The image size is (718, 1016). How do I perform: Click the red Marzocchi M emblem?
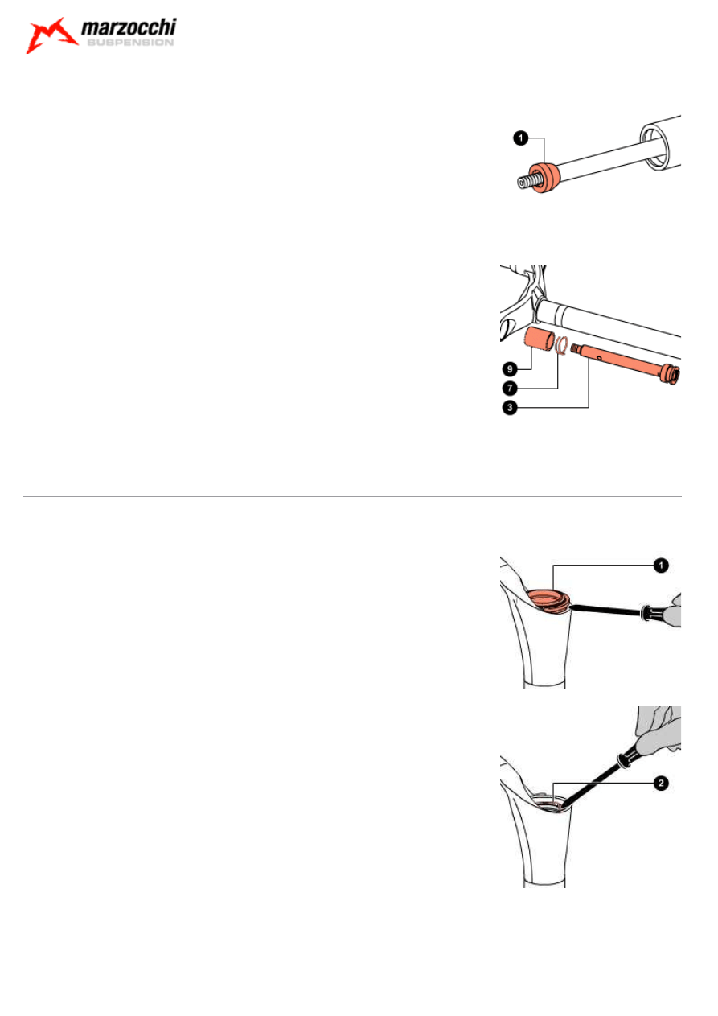(51, 36)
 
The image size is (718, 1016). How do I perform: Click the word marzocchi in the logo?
(129, 27)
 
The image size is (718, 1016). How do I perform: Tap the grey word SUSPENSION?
(130, 42)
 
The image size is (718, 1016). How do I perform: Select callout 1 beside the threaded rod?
(521, 138)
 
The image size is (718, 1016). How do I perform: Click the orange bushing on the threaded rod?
(546, 178)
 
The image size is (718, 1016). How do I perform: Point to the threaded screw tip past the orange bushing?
(527, 182)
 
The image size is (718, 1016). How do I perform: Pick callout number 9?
(510, 368)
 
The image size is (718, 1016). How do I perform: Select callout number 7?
(510, 388)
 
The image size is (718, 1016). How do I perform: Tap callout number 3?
(510, 407)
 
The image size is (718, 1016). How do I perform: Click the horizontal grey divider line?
(351, 496)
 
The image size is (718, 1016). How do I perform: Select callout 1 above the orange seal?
(661, 566)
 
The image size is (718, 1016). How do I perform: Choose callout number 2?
(661, 783)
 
